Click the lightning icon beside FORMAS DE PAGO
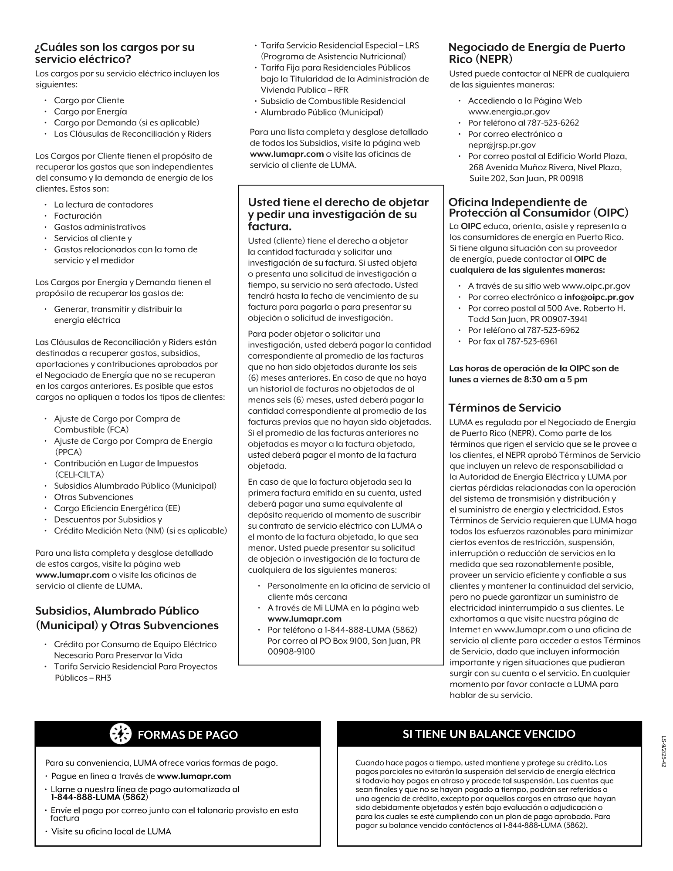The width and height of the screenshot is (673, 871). (x=121, y=734)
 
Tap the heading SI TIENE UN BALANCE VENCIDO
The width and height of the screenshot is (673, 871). (x=489, y=734)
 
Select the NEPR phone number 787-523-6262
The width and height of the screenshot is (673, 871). (x=553, y=123)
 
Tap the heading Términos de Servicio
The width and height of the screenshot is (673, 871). (x=505, y=408)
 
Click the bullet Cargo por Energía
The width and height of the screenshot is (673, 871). (x=90, y=111)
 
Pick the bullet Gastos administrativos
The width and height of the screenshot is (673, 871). (x=100, y=227)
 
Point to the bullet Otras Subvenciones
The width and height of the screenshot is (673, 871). (x=93, y=497)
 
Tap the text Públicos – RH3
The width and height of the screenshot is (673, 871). (x=83, y=678)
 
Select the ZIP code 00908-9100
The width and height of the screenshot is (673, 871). (x=291, y=652)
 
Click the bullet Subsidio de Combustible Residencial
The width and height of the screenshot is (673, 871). (x=332, y=101)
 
